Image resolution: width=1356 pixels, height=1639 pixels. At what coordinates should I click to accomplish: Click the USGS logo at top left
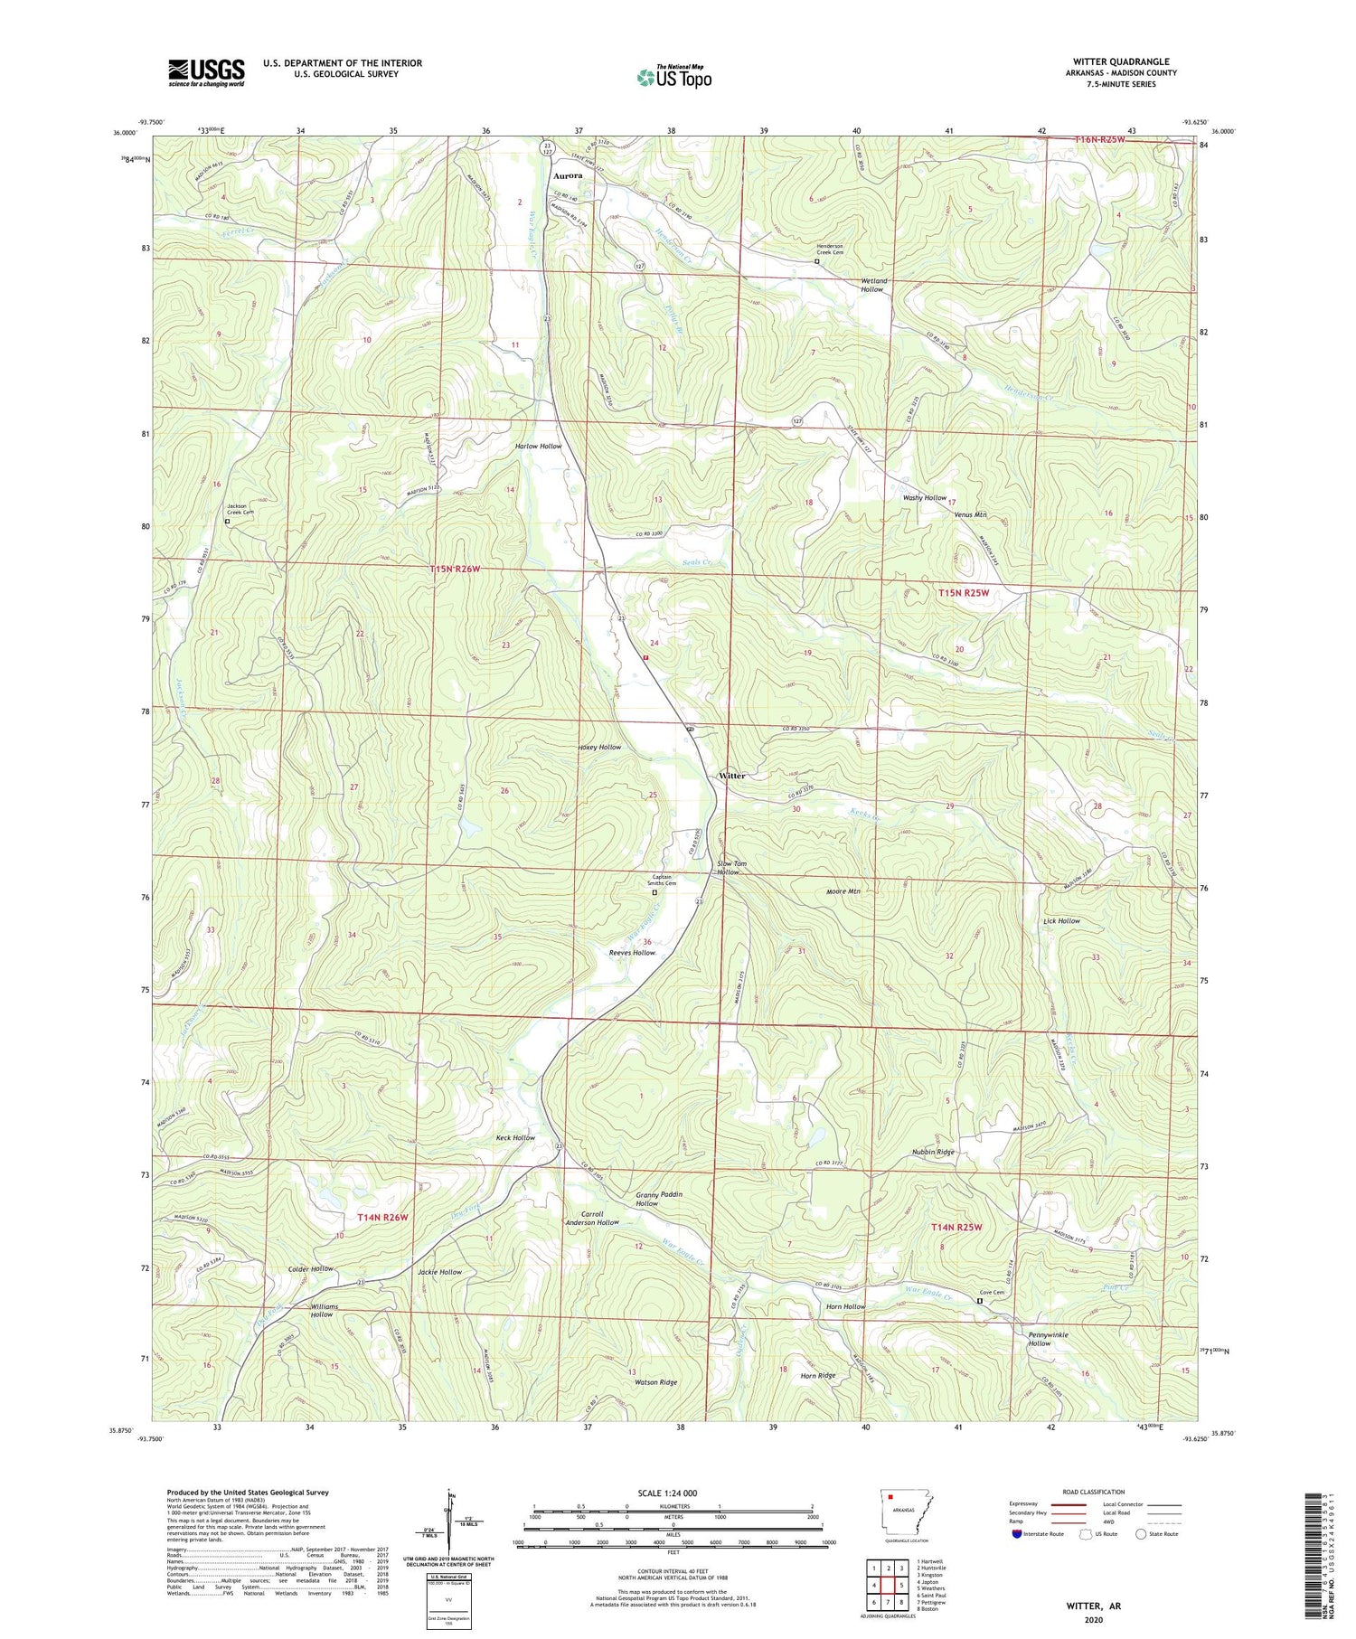tap(206, 72)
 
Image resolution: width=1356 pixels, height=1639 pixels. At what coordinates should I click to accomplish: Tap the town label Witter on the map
tap(731, 776)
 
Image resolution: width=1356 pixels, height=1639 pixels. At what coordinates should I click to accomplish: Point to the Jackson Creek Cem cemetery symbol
tap(227, 522)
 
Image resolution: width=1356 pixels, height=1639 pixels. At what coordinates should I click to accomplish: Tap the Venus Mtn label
tap(970, 514)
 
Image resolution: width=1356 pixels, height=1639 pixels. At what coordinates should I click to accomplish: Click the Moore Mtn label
tap(843, 891)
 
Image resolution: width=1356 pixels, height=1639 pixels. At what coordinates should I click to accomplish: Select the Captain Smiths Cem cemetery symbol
tap(655, 892)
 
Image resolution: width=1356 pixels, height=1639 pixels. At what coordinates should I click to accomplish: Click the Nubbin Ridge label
tap(933, 1152)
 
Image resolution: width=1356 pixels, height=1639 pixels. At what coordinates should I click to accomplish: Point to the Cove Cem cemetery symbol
tap(979, 1301)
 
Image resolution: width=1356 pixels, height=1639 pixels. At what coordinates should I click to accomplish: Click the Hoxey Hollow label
tap(599, 748)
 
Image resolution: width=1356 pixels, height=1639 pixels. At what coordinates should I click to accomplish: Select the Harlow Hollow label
tap(538, 447)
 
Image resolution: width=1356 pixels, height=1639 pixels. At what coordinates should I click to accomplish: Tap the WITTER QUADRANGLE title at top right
tap(1124, 61)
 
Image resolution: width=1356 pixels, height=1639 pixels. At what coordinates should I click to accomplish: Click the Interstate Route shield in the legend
tap(1017, 1534)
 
